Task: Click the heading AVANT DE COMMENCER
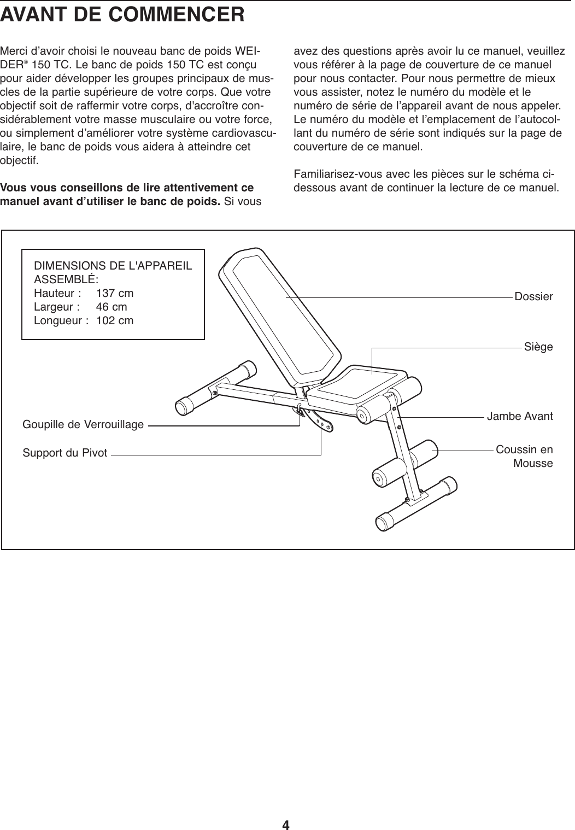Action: pyautogui.click(x=122, y=14)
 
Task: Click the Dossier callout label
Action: pyautogui.click(x=533, y=297)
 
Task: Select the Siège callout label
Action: pyautogui.click(x=538, y=347)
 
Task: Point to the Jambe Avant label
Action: pyautogui.click(x=520, y=417)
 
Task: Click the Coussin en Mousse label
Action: pyautogui.click(x=525, y=457)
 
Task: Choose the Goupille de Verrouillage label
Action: pyautogui.click(x=83, y=424)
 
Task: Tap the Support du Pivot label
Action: pyautogui.click(x=65, y=453)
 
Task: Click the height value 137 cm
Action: pyautogui.click(x=115, y=293)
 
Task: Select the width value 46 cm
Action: pyautogui.click(x=112, y=307)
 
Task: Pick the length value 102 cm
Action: pyautogui.click(x=115, y=320)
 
